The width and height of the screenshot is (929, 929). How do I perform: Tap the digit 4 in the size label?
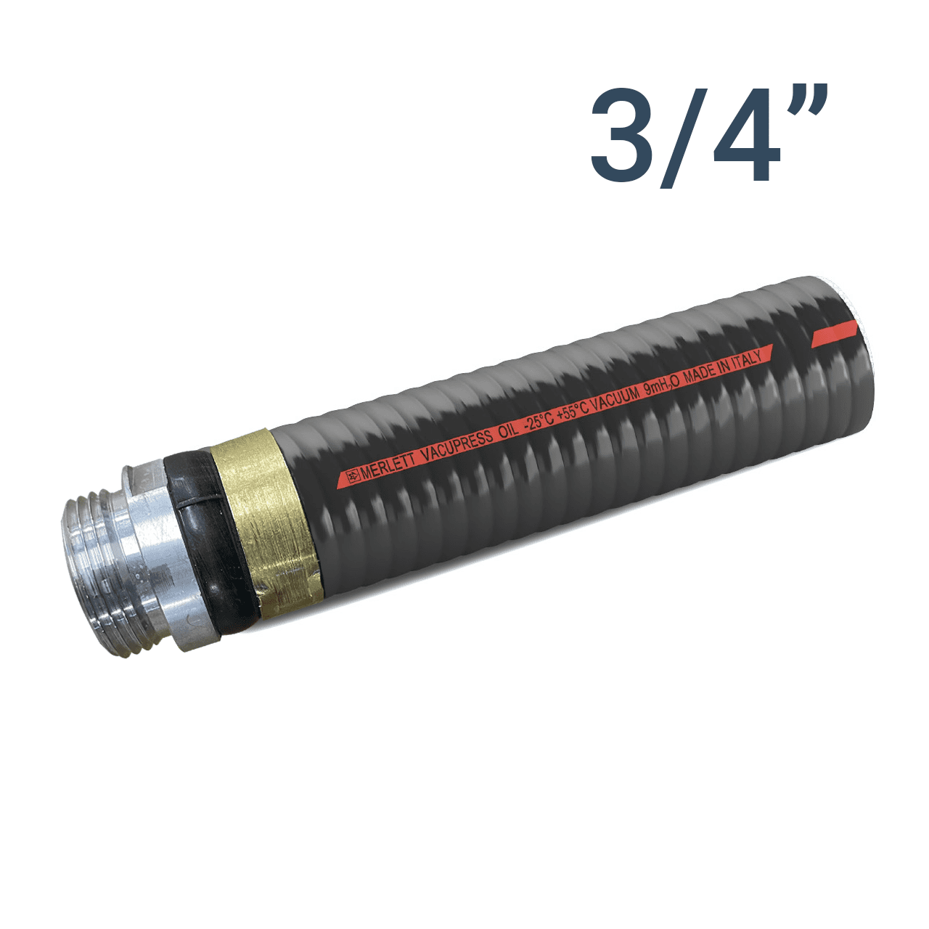(746, 136)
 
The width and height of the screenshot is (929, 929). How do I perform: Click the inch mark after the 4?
(811, 100)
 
